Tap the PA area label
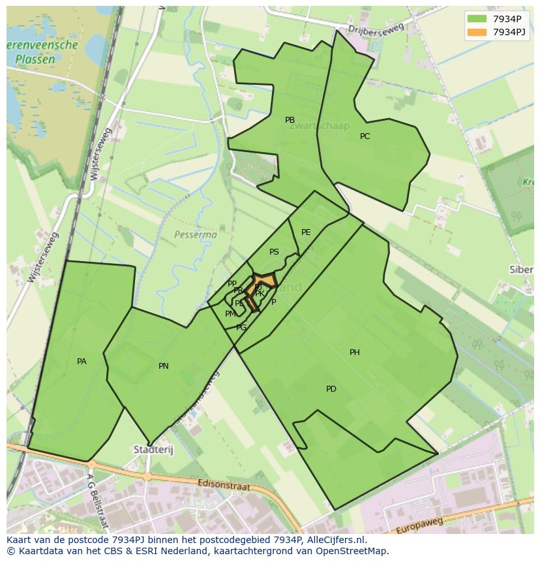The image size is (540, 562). [x=82, y=362]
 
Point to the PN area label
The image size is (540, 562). [x=164, y=366]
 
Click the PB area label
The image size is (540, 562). [x=290, y=120]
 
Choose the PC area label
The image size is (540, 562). [x=365, y=136]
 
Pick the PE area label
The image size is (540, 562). [x=306, y=232]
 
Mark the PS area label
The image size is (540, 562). [x=274, y=252]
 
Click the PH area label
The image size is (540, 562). [x=355, y=352]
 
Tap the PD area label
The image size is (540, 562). [x=331, y=389]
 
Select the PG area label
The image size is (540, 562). [x=241, y=328]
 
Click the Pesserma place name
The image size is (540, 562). [x=196, y=234]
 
